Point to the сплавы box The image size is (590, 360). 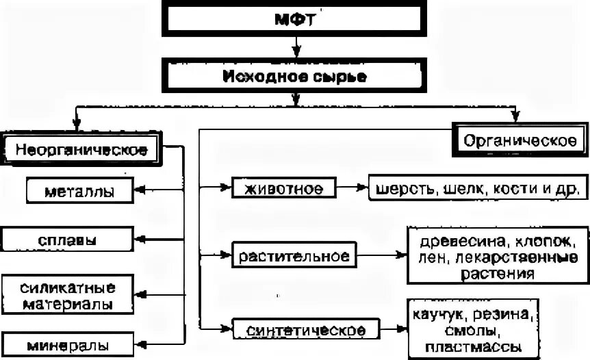pyautogui.click(x=67, y=240)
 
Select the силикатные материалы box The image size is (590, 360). pyautogui.click(x=67, y=294)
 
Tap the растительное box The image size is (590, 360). pyautogui.click(x=295, y=257)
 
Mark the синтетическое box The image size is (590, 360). pyautogui.click(x=305, y=329)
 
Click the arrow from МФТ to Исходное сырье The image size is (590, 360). pyautogui.click(x=296, y=48)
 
